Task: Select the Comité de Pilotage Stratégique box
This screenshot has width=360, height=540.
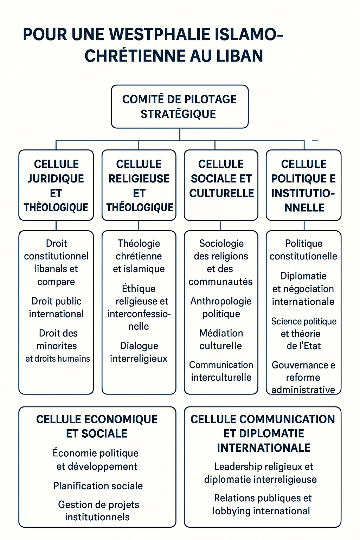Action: (x=180, y=107)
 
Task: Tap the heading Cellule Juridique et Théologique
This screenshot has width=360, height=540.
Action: (x=56, y=186)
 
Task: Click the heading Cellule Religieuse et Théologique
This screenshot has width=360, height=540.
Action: (x=139, y=186)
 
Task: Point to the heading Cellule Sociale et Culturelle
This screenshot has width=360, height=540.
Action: (x=221, y=179)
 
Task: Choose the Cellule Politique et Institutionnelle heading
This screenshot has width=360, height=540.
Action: (x=303, y=186)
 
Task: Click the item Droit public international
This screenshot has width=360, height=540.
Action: (x=56, y=307)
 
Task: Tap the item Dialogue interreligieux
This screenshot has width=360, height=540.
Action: (x=139, y=352)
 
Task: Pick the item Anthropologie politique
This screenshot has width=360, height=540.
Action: (x=221, y=307)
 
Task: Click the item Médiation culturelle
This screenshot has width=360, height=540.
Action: (x=221, y=339)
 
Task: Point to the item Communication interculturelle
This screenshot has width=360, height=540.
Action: (x=221, y=371)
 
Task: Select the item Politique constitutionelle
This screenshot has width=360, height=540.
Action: (x=303, y=250)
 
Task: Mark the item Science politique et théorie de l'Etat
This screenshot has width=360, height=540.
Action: (x=304, y=333)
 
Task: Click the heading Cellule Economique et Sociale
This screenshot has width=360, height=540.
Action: (x=97, y=426)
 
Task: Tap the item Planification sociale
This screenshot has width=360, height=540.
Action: (x=98, y=486)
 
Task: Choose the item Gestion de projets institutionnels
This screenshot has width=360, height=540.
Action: (x=98, y=511)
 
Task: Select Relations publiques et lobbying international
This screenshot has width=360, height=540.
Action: (x=262, y=504)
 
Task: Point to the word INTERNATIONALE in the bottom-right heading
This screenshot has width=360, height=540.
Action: (x=264, y=448)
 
